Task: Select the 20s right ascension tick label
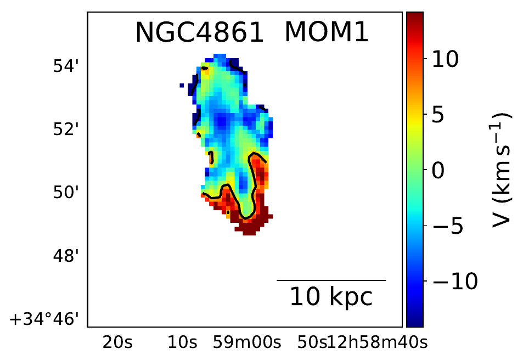click(x=117, y=343)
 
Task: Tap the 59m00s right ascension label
click(x=247, y=343)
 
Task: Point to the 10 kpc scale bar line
click(x=331, y=280)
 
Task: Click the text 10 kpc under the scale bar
click(x=331, y=297)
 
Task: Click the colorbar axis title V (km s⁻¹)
click(x=501, y=170)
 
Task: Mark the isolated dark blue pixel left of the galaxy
click(x=181, y=85)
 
